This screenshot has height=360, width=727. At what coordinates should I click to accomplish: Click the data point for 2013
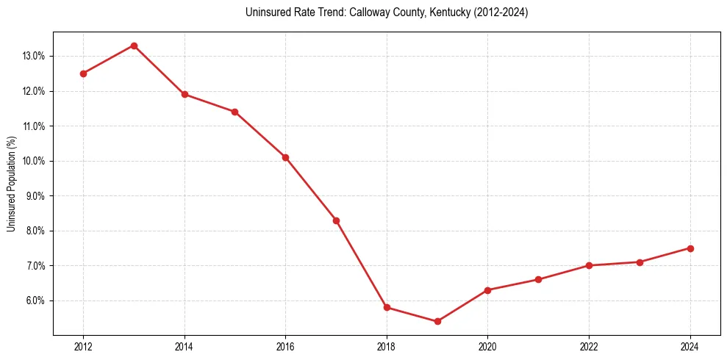click(134, 46)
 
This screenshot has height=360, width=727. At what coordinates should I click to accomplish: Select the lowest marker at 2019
click(437, 321)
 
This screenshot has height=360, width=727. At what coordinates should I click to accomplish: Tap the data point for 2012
click(83, 73)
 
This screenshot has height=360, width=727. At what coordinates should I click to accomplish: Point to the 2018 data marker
click(387, 307)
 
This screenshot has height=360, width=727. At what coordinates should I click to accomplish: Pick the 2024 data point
click(690, 248)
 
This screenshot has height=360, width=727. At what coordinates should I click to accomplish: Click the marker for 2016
click(285, 157)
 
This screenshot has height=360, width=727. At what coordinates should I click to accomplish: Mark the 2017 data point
click(336, 220)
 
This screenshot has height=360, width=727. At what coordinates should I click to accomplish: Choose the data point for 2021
click(538, 279)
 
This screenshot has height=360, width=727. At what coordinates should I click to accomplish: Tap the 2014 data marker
click(185, 94)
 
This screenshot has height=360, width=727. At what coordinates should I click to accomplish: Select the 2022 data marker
click(589, 265)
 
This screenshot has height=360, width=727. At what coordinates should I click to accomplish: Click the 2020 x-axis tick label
click(487, 347)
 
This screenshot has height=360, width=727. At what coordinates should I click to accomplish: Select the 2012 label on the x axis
click(83, 347)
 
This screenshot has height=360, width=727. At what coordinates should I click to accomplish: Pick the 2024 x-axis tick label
click(690, 347)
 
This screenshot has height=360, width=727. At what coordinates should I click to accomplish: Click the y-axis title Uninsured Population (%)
click(12, 184)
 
